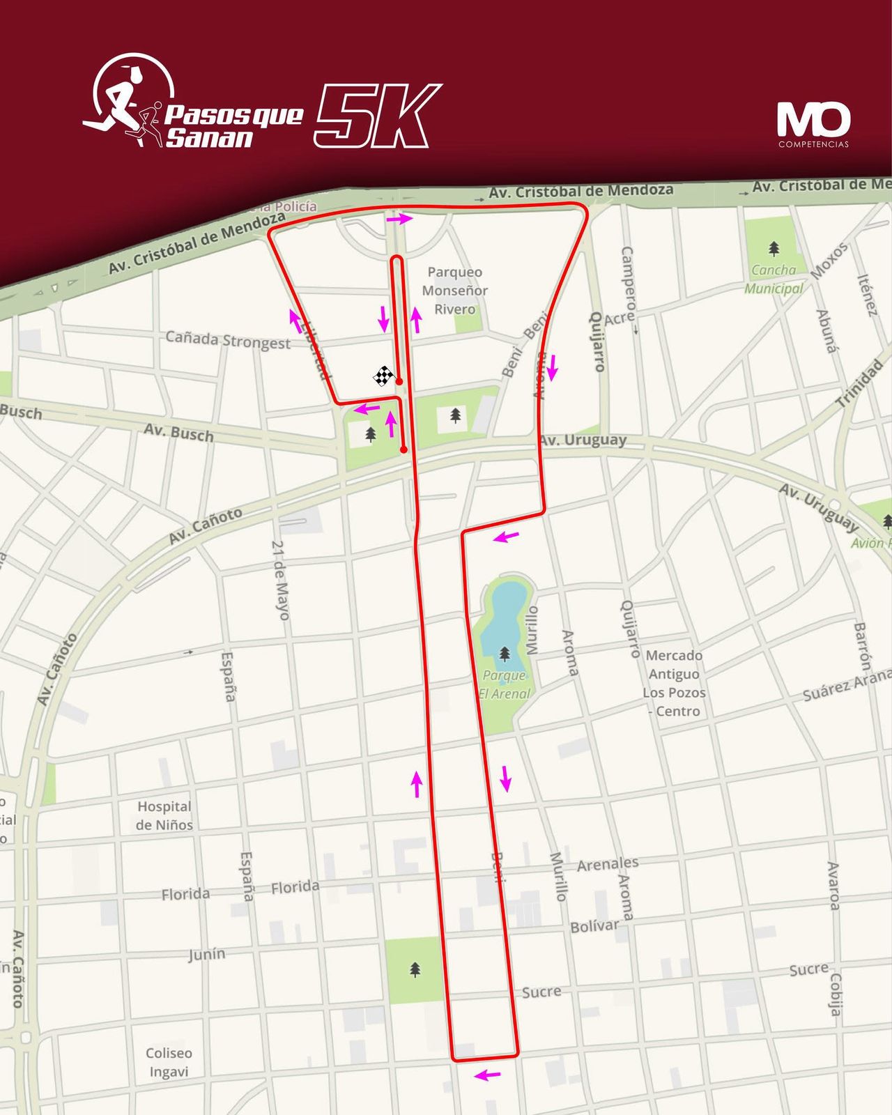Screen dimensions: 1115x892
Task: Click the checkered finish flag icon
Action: pos(383,377)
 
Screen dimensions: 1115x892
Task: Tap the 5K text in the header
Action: pos(377,116)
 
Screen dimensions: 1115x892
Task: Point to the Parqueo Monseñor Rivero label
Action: pos(454,291)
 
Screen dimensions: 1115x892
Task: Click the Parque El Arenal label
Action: pos(505,684)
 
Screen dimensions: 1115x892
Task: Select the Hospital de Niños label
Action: pos(164,815)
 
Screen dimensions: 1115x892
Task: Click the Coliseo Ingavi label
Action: pos(169,1062)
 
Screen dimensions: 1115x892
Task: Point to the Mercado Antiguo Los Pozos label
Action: pos(674,683)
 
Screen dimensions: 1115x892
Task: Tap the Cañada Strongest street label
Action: pos(228,340)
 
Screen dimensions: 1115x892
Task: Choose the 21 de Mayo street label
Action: pos(280,580)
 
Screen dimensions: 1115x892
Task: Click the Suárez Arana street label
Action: pos(846,686)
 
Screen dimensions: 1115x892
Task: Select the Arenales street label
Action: pos(608,865)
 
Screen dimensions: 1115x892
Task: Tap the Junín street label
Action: pos(207,953)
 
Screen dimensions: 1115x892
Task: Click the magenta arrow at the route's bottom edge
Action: pos(487,1075)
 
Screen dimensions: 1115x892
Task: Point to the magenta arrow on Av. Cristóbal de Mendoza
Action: pos(400,219)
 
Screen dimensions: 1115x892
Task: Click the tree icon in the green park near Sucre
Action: pos(415,969)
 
